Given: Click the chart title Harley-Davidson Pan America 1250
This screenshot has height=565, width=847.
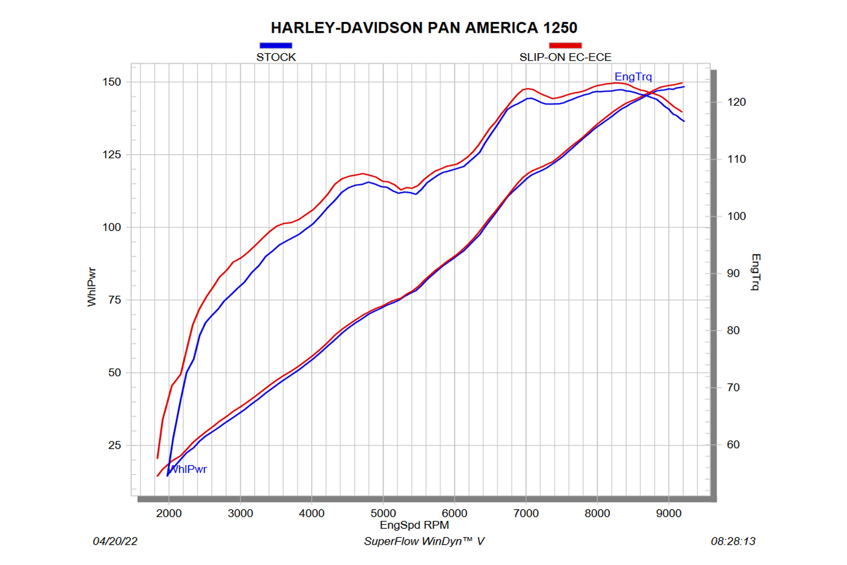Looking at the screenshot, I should coord(423,28).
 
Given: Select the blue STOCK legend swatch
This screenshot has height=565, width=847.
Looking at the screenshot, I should coord(276,45).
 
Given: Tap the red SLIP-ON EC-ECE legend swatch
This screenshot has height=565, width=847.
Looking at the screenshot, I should coord(565,45).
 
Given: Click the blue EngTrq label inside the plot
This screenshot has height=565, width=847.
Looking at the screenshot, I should coord(633,77).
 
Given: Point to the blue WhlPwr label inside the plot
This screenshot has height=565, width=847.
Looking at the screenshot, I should coord(189,469).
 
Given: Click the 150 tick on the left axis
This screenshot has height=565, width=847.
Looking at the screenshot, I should coord(112,82).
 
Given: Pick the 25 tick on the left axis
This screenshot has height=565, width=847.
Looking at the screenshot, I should coord(115,445).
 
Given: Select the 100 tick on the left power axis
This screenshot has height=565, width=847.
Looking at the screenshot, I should coord(112,227).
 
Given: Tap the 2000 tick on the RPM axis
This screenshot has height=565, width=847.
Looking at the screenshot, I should coord(169,513).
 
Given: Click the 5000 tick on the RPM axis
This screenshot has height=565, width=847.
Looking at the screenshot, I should coord(383,513).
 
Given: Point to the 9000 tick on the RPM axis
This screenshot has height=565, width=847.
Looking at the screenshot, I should coord(669,513).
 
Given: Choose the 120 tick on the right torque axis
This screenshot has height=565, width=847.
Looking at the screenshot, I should coord(736,102).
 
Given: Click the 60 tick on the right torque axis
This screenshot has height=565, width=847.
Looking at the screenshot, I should coord(733,445).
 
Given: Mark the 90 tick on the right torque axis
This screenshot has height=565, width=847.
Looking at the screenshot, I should coord(733,273).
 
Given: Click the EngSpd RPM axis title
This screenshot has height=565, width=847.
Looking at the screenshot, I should coord(414,525).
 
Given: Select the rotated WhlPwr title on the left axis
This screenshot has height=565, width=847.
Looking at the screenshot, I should coord(92,287).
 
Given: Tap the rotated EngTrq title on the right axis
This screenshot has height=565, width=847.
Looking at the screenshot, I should coord(756,272).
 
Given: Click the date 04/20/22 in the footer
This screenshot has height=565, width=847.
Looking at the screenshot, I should coord(115,541).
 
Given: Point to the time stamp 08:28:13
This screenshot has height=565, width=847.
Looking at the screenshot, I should coord(733,541).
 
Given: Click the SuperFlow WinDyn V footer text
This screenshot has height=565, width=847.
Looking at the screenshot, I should coord(424,541).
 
